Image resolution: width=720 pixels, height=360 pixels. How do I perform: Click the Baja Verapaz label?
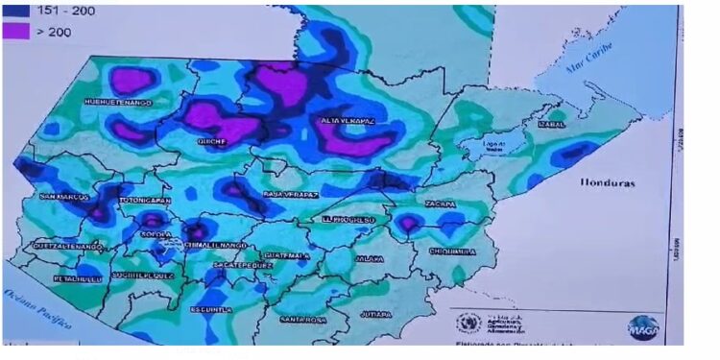tap(285, 195)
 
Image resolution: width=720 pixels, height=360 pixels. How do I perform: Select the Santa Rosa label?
tap(305, 319)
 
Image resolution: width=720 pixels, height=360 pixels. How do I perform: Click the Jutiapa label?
tap(377, 314)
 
